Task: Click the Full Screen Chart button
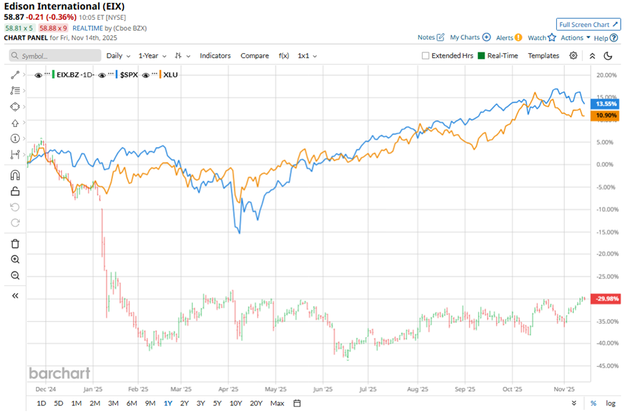588,25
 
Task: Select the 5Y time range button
217,403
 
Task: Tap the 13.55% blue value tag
607,104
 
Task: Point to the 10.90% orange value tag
607,115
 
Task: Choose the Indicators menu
215,56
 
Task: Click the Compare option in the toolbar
255,56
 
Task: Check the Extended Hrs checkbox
426,56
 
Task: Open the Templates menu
544,56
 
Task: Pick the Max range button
277,403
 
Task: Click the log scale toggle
610,403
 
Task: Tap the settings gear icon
574,56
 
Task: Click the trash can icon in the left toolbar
15,244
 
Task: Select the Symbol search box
56,56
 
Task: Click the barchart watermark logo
59,373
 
